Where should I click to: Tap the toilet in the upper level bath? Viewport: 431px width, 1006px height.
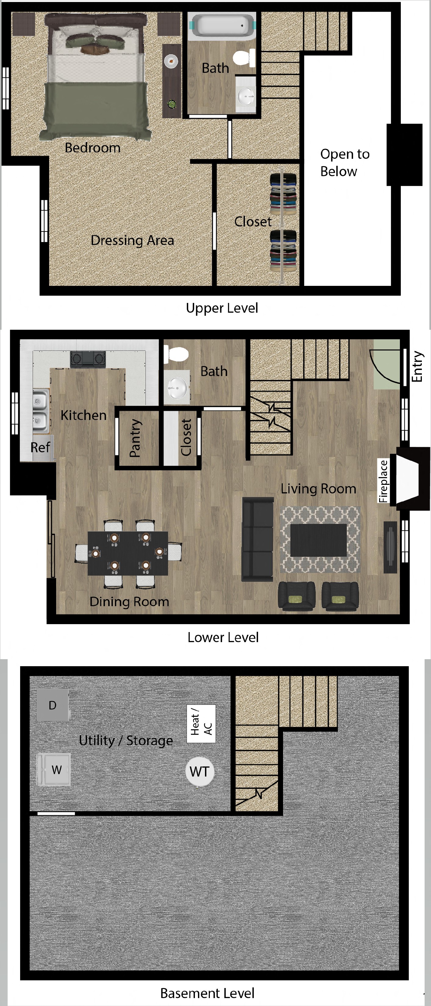coord(244,58)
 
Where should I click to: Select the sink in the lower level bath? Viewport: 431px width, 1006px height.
coord(177,387)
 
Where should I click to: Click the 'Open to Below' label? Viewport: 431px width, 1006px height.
coord(345,162)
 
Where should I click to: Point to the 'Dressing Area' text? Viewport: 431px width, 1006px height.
coord(132,240)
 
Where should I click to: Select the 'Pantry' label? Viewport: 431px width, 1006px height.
coord(135,438)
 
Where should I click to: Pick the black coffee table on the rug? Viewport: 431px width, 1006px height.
coord(318,540)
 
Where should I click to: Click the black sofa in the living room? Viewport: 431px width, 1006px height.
coord(257,539)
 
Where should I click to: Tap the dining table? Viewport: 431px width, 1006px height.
coord(128,553)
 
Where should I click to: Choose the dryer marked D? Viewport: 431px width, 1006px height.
coord(53,705)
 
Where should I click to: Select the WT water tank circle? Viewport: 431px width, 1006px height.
coord(199,771)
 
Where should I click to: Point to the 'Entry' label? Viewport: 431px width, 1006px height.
coord(417,366)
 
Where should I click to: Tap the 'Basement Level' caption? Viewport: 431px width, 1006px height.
coord(207,993)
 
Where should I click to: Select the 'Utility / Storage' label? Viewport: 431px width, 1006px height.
coord(125,740)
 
